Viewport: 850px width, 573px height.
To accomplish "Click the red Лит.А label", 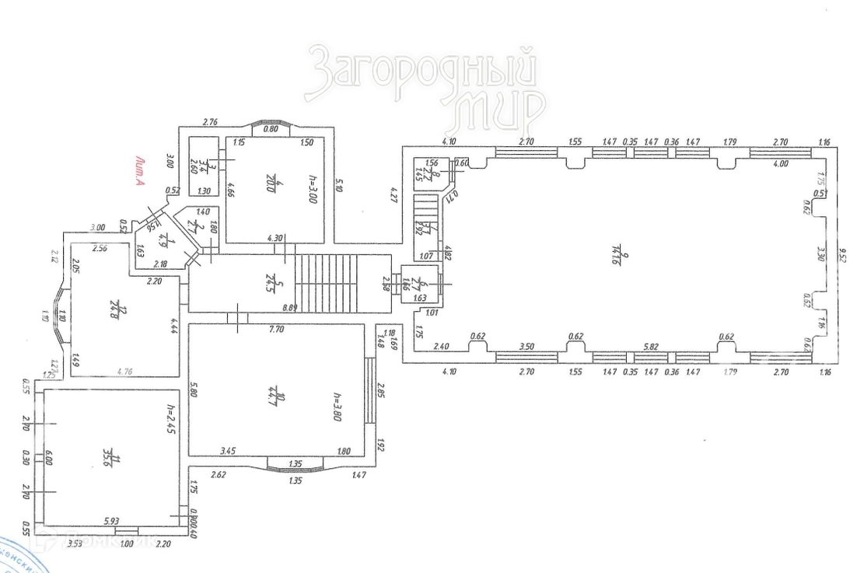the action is [x=140, y=172].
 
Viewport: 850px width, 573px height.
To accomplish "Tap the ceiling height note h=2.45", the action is [x=168, y=420].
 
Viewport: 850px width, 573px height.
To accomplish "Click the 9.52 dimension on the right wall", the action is [x=841, y=254].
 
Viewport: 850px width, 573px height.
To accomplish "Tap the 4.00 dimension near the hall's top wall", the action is [x=780, y=164].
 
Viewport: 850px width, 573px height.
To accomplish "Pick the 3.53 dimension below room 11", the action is [x=75, y=544].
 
